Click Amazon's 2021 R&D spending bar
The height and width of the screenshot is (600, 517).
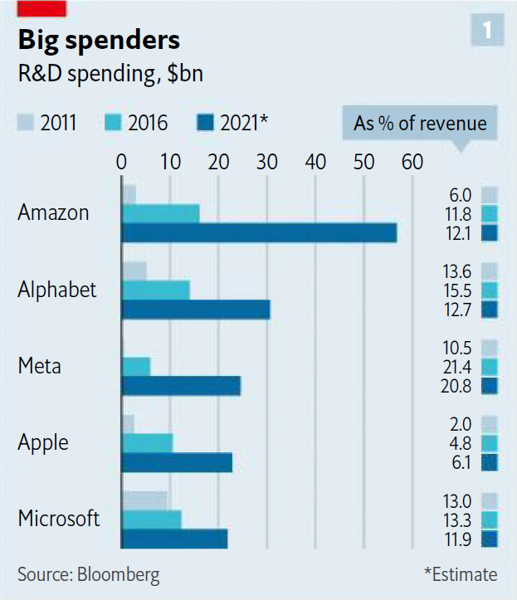259,233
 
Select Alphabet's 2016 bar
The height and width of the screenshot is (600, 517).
155,290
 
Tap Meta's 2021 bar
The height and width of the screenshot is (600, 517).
181,386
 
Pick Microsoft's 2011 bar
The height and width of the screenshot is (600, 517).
144,500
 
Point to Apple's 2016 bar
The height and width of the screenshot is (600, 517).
147,443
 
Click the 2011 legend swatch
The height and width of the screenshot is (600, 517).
27,124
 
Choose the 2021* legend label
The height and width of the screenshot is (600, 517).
244,124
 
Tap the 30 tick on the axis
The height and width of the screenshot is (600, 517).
267,162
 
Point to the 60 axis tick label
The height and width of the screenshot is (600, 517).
412,162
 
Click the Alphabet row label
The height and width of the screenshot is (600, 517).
57,290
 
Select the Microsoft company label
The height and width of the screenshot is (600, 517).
59,520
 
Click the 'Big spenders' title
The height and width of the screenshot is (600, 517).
99,40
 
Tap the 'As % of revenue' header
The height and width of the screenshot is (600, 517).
420,124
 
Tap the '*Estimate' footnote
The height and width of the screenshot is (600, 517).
460,574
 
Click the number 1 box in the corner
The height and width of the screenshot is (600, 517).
487,31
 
